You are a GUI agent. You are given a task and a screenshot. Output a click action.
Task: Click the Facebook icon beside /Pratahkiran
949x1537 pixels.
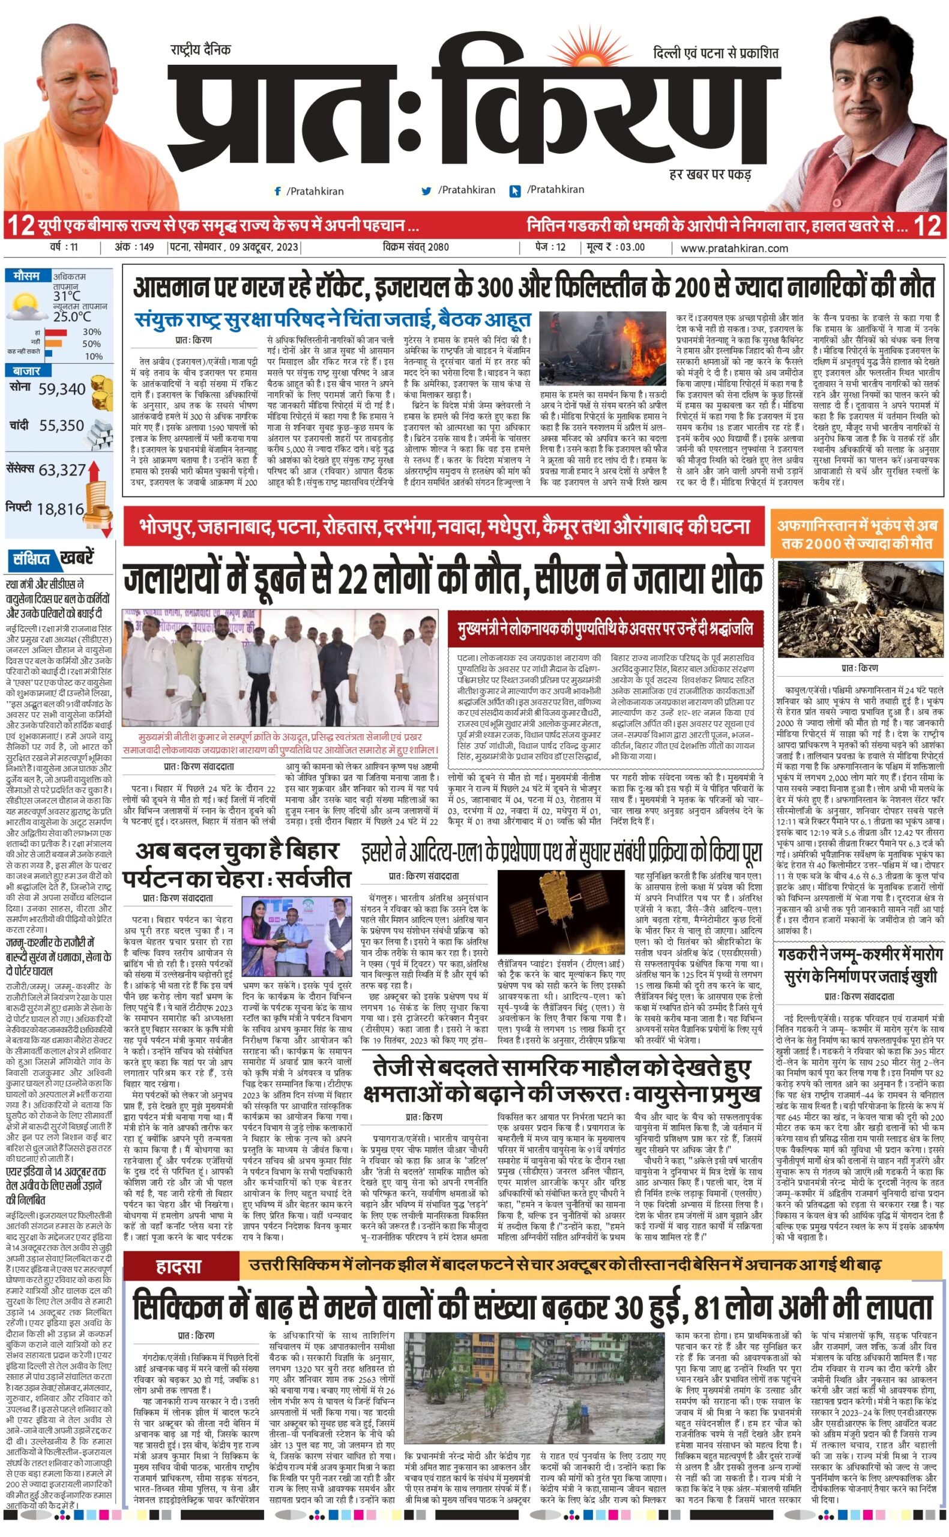click(277, 191)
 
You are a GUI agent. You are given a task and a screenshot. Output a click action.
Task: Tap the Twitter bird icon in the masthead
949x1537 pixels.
click(427, 191)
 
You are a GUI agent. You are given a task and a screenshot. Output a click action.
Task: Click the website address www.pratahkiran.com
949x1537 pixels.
click(734, 248)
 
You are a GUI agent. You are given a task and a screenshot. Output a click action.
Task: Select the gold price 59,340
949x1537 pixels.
click(61, 389)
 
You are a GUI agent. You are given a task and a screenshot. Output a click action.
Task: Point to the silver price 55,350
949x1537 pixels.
click(61, 426)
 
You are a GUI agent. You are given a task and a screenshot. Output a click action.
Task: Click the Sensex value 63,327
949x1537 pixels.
click(62, 470)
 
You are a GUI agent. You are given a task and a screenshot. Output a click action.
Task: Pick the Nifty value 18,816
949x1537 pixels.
click(60, 509)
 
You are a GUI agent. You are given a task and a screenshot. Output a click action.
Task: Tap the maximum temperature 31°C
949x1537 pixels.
click(67, 295)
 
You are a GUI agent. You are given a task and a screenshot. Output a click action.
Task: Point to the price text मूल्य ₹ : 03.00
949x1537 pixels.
click(616, 247)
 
